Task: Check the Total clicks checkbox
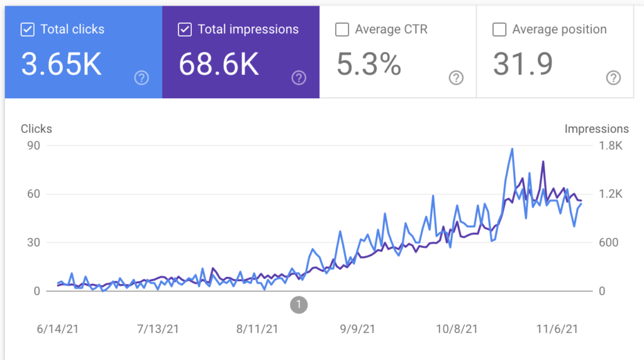28,29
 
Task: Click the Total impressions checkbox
185,29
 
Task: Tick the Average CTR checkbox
342,29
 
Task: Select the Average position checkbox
499,29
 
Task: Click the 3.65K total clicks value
62,64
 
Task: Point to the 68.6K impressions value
219,64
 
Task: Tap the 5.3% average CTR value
369,64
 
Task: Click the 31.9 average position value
523,64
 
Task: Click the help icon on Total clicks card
142,78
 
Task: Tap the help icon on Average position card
613,78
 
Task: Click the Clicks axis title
36,129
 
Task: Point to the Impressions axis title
596,129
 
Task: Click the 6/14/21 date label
58,329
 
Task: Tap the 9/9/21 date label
357,329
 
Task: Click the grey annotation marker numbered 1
299,305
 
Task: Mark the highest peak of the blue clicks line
513,149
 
